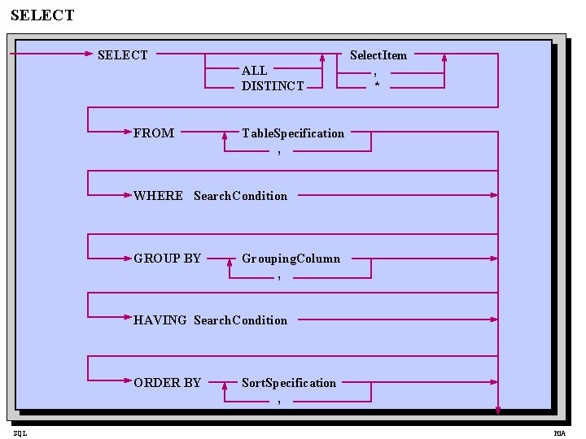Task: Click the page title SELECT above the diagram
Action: click(42, 15)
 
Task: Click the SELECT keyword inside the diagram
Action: click(122, 55)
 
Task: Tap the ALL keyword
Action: click(254, 71)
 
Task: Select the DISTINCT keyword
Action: click(273, 86)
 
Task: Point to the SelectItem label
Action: click(378, 55)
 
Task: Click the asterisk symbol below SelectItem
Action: click(376, 85)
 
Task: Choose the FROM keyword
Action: click(154, 133)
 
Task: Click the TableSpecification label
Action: click(293, 133)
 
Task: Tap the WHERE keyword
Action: click(158, 196)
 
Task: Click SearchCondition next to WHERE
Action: click(240, 196)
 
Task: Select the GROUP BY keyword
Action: click(167, 259)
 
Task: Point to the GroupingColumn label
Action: click(291, 259)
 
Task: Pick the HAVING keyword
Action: click(160, 320)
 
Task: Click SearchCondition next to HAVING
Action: click(240, 320)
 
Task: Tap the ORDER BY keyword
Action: click(167, 383)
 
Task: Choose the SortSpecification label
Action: click(288, 383)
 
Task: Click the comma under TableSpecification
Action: click(278, 151)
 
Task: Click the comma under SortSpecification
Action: click(278, 401)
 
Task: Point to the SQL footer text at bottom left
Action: click(19, 433)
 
